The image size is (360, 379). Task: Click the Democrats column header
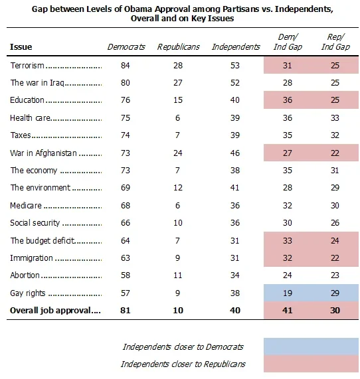pyautogui.click(x=126, y=46)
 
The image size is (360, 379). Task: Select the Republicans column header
pyautogui.click(x=179, y=46)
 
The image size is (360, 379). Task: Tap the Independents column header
pyautogui.click(x=236, y=46)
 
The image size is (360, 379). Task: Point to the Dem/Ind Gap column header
pyautogui.click(x=288, y=42)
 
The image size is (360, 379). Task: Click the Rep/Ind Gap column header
pyautogui.click(x=335, y=42)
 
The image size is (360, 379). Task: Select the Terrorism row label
pyautogui.click(x=27, y=66)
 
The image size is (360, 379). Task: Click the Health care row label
pyautogui.click(x=31, y=117)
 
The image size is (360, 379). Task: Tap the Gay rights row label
pyautogui.click(x=28, y=293)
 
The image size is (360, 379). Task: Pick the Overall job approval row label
pyautogui.click(x=50, y=311)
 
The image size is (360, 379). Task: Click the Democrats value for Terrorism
pyautogui.click(x=126, y=66)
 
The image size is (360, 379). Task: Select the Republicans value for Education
pyautogui.click(x=178, y=100)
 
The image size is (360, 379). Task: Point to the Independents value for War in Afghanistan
pyautogui.click(x=235, y=153)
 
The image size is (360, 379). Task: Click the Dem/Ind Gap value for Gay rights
pyautogui.click(x=288, y=293)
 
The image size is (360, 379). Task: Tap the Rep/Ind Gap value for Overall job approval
pyautogui.click(x=335, y=311)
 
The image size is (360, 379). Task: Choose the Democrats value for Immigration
pyautogui.click(x=126, y=258)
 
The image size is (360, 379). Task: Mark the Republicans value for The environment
pyautogui.click(x=178, y=188)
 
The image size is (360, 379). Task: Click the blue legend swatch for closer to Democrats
pyautogui.click(x=311, y=346)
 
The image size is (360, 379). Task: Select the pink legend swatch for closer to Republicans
pyautogui.click(x=311, y=364)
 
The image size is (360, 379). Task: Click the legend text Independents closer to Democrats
pyautogui.click(x=183, y=347)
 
